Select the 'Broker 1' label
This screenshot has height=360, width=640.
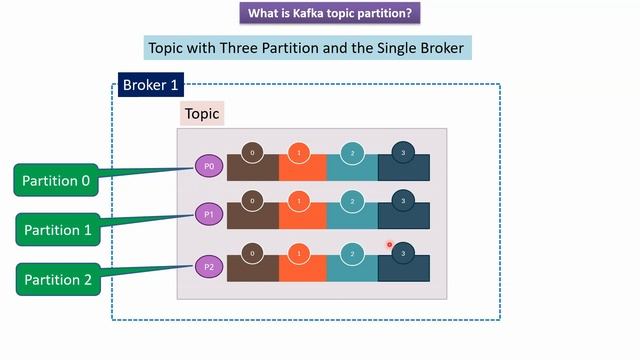pyautogui.click(x=150, y=84)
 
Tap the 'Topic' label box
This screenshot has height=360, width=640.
pyautogui.click(x=202, y=114)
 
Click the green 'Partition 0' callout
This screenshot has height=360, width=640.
pyautogui.click(x=57, y=181)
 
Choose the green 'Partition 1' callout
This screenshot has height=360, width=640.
pyautogui.click(x=57, y=230)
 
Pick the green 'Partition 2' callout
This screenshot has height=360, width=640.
pyautogui.click(x=57, y=279)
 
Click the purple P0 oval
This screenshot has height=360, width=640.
pyautogui.click(x=209, y=166)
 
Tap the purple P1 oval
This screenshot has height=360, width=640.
pyautogui.click(x=209, y=215)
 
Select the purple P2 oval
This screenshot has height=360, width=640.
pyautogui.click(x=209, y=266)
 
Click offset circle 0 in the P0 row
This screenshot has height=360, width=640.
pyautogui.click(x=252, y=153)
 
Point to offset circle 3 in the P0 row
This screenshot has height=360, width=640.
pyautogui.click(x=403, y=153)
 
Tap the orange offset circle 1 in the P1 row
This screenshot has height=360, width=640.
pyautogui.click(x=299, y=201)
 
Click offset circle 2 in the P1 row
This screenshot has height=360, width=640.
pyautogui.click(x=352, y=201)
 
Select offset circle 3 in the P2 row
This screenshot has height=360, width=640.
pyautogui.click(x=403, y=253)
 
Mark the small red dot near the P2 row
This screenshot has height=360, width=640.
pyautogui.click(x=389, y=245)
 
